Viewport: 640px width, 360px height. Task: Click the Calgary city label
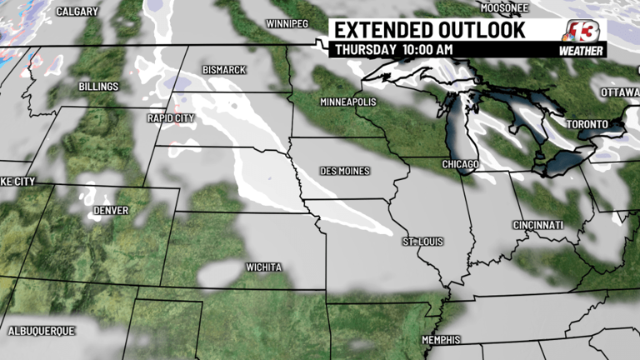click(x=77, y=12)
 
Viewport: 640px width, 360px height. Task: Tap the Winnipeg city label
click(x=287, y=23)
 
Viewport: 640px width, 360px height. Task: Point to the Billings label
click(x=98, y=86)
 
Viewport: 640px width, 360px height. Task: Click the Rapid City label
click(x=171, y=117)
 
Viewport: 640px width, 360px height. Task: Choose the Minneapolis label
click(x=348, y=102)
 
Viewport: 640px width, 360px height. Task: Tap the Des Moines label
click(x=344, y=171)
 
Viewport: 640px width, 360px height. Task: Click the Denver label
click(x=111, y=211)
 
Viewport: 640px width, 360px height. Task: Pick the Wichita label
click(x=263, y=267)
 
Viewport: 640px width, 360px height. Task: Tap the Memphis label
click(x=440, y=339)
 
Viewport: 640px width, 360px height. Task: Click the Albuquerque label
click(x=41, y=331)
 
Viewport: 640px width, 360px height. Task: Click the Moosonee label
click(x=505, y=7)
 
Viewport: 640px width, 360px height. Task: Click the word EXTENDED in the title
click(x=382, y=30)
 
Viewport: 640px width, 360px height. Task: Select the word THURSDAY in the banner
click(x=365, y=49)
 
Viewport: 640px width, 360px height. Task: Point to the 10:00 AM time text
click(x=427, y=49)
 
